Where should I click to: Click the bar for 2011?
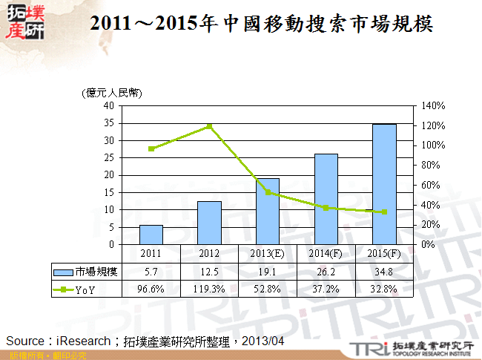151,235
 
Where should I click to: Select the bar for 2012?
209,223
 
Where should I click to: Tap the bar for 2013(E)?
268,212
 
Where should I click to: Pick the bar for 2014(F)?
326,199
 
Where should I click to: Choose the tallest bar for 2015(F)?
384,184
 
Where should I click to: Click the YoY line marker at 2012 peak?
209,126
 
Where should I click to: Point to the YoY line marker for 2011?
151,148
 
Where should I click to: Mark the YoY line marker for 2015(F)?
384,212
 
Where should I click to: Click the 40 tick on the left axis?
108,105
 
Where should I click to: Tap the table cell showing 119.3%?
209,289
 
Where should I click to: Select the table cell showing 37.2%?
326,289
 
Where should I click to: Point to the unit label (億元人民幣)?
111,93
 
